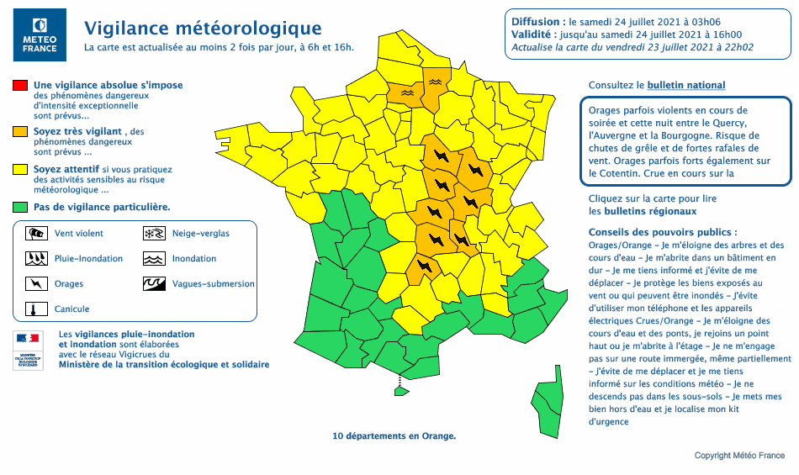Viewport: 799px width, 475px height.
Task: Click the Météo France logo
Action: [x=40, y=35]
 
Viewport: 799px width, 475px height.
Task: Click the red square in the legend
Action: [x=19, y=86]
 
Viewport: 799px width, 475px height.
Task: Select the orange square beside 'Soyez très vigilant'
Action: [x=19, y=132]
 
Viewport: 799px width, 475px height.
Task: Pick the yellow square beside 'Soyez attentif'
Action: [x=19, y=169]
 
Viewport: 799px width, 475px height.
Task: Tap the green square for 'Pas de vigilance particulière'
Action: [x=19, y=207]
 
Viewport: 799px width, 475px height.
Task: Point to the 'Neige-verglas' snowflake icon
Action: [x=153, y=233]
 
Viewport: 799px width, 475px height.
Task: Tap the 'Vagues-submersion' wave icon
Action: [x=153, y=283]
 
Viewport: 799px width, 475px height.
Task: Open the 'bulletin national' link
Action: [x=685, y=86]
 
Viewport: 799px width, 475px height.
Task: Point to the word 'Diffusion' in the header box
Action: [x=536, y=21]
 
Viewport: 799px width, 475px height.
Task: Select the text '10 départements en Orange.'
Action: [x=394, y=436]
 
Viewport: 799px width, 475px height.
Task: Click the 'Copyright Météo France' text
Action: [x=739, y=456]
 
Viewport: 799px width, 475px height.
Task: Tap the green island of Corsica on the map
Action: [x=549, y=407]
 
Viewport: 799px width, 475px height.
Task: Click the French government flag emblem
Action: [x=28, y=339]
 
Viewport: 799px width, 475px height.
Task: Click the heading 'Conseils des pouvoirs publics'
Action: [x=663, y=232]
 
